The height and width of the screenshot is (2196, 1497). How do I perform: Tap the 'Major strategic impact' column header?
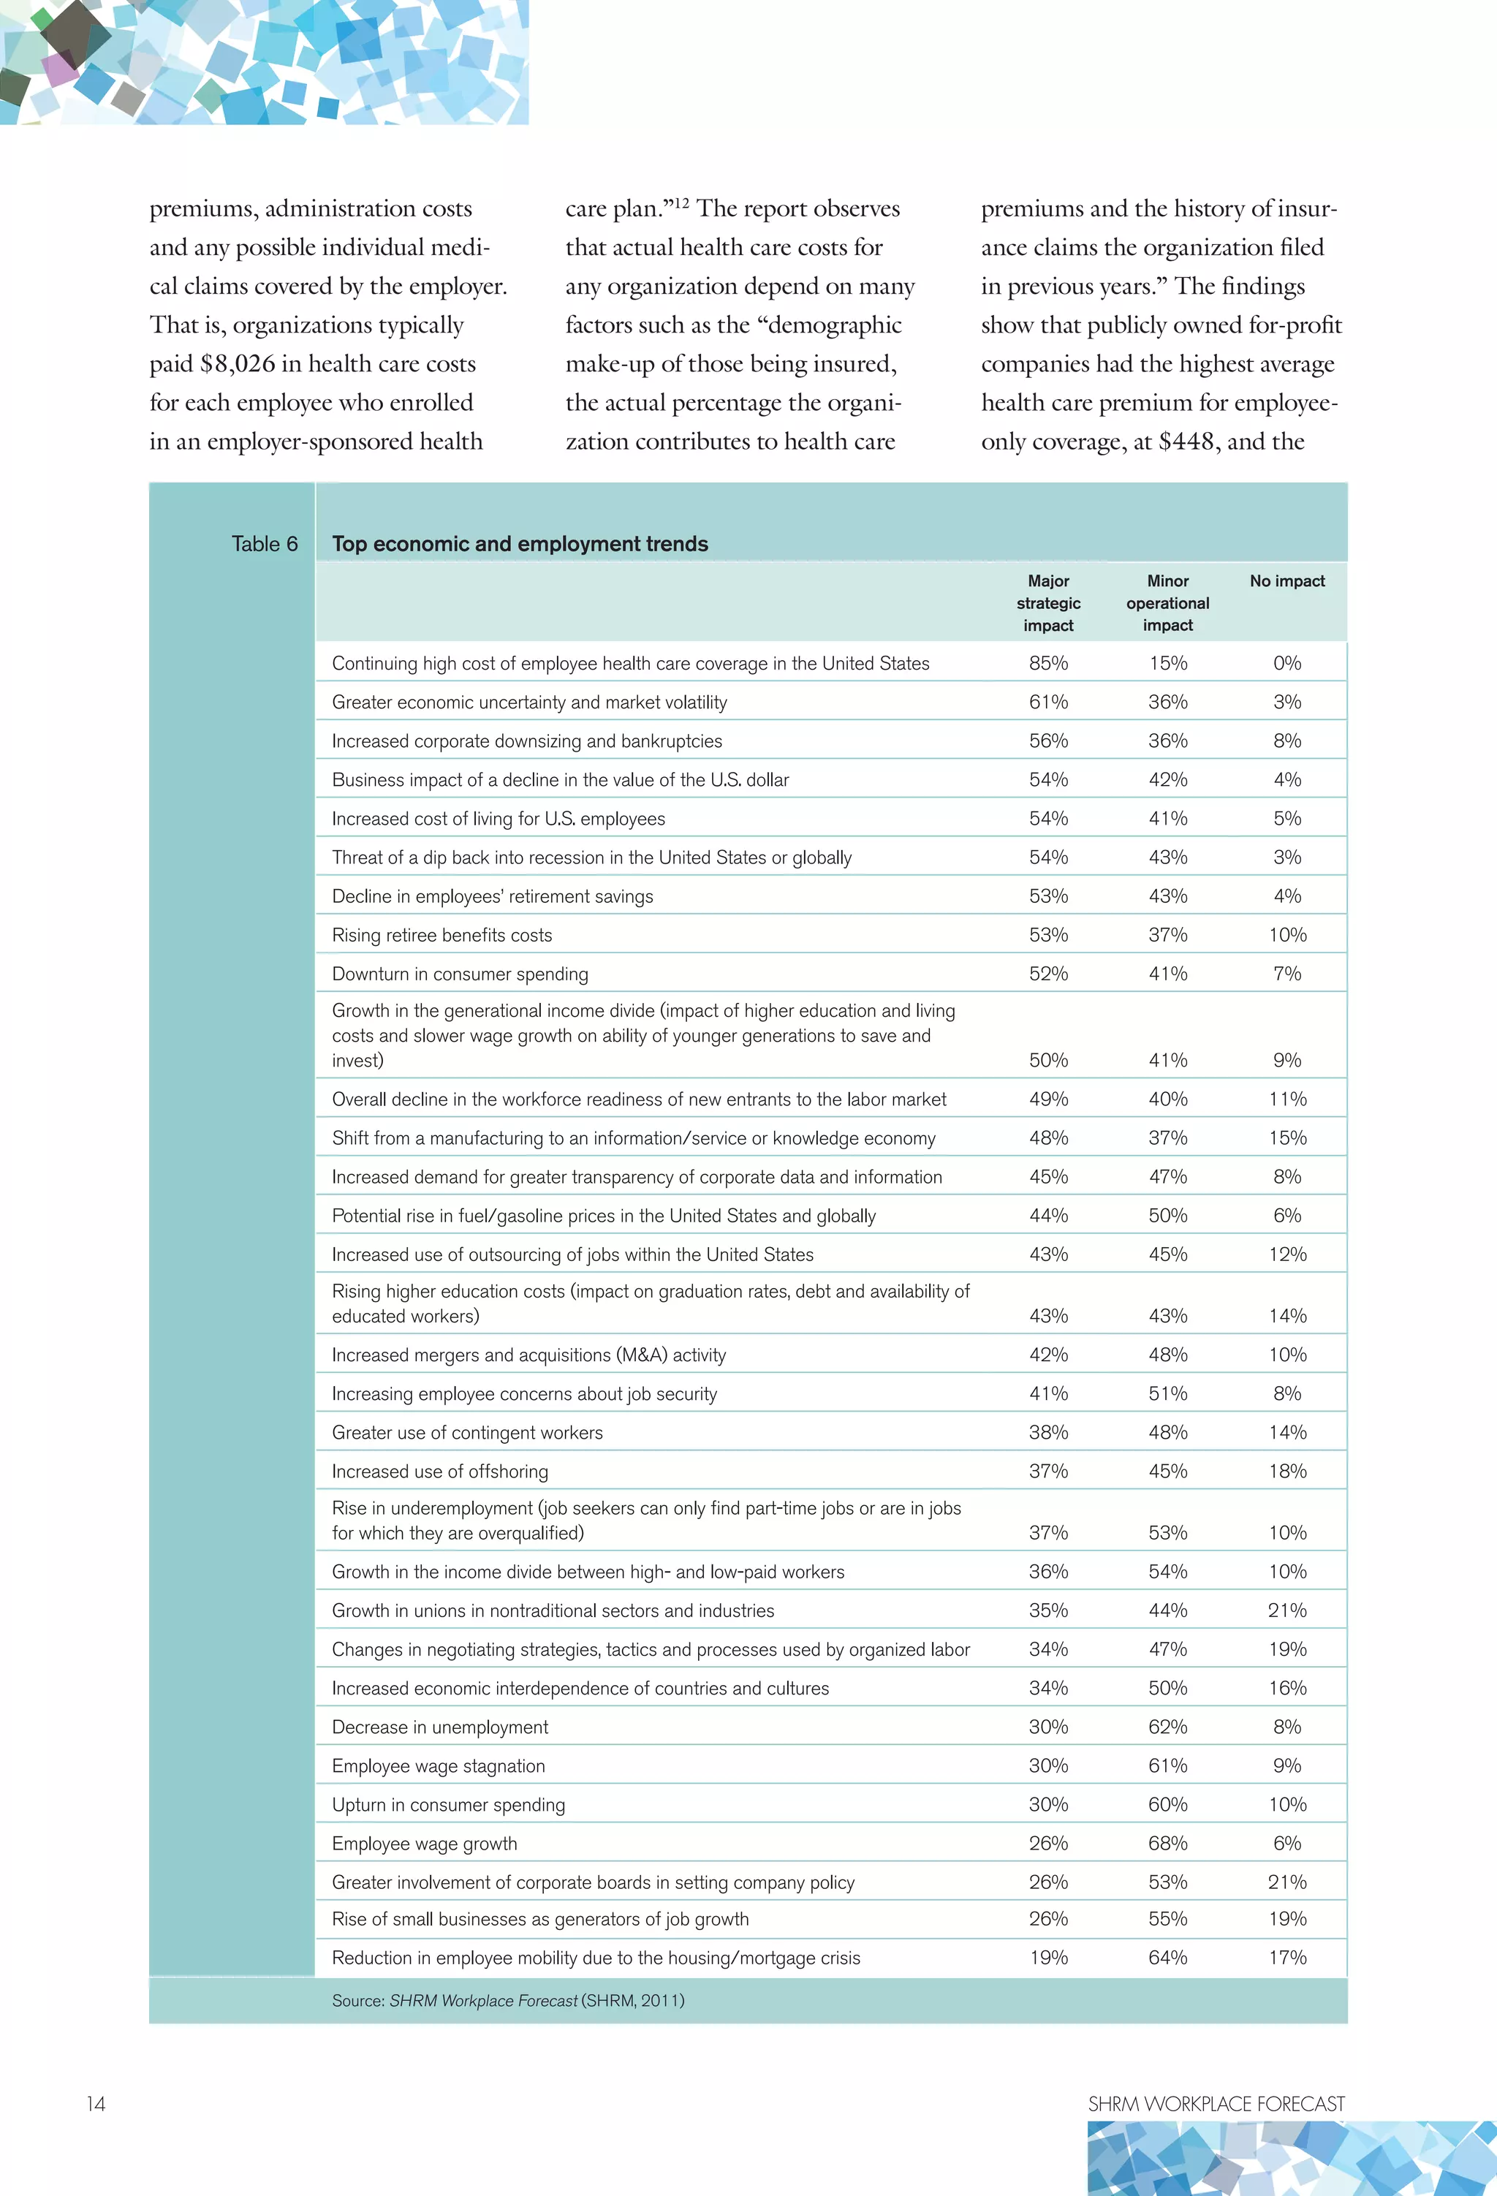(1048, 603)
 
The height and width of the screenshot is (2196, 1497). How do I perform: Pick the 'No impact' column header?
(1287, 581)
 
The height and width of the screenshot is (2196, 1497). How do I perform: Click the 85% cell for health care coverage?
(1048, 663)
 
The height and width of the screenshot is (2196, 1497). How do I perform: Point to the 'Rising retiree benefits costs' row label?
(441, 936)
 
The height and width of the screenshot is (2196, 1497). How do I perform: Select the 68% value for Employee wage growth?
(1167, 1844)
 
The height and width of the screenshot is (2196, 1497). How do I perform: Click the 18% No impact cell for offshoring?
(1287, 1472)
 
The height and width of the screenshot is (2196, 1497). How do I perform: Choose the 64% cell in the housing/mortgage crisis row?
(1167, 1958)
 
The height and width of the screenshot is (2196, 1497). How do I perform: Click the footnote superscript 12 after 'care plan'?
(681, 202)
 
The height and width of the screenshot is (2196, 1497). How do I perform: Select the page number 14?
(96, 2103)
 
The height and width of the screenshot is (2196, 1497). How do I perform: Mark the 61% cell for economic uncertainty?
(1048, 702)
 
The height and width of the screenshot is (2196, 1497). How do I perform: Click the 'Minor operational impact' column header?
(1167, 603)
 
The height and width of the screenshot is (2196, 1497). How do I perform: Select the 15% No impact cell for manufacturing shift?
(1287, 1139)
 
